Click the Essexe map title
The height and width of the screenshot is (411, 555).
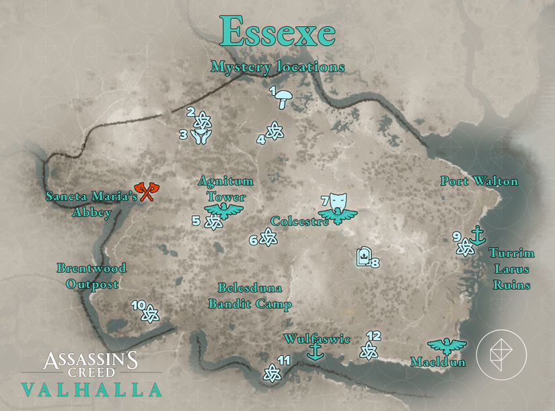(277, 31)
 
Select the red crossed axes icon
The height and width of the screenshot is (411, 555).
(148, 192)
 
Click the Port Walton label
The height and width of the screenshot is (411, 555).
(479, 181)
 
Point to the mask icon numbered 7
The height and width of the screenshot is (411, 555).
(338, 200)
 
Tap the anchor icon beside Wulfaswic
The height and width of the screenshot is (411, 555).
(313, 351)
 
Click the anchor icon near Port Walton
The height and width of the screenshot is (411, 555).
(478, 235)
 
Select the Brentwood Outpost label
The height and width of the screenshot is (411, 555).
(91, 276)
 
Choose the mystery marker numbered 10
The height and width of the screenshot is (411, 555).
(151, 313)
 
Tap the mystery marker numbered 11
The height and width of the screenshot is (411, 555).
(271, 372)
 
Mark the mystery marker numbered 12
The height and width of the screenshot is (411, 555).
(368, 350)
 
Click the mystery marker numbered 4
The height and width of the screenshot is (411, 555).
(274, 131)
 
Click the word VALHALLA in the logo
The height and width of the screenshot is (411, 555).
(91, 389)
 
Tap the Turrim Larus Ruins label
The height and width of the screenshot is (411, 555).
(511, 269)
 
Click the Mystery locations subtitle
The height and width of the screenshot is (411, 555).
(277, 67)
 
